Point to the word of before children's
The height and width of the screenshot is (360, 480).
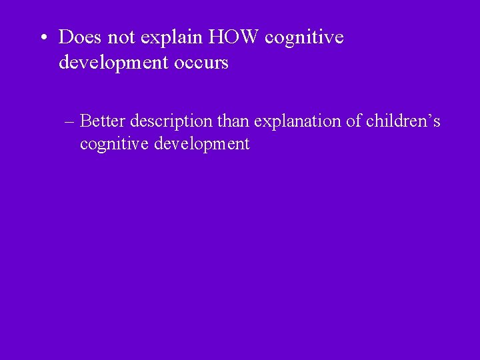click(354, 121)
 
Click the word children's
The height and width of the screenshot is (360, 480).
click(403, 121)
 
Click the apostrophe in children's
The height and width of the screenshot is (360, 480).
click(429, 117)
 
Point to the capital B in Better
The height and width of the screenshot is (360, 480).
click(85, 121)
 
